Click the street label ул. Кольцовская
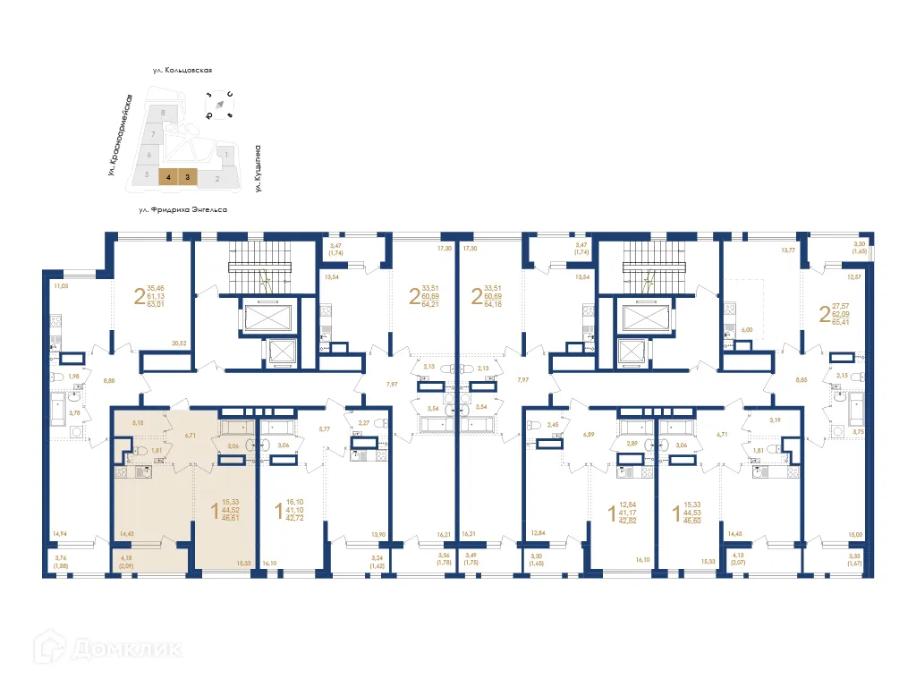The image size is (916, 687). point(187,69)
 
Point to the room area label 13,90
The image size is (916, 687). point(377,533)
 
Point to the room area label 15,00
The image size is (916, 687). point(857,534)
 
